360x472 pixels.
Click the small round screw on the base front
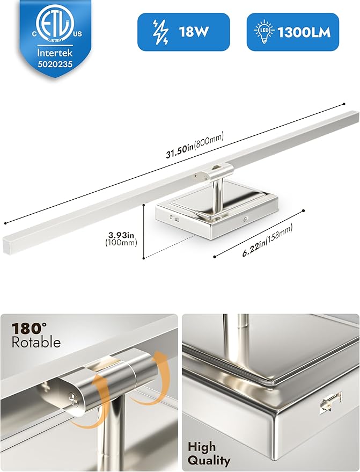(x=245, y=219)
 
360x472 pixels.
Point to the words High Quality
(x=209, y=453)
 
